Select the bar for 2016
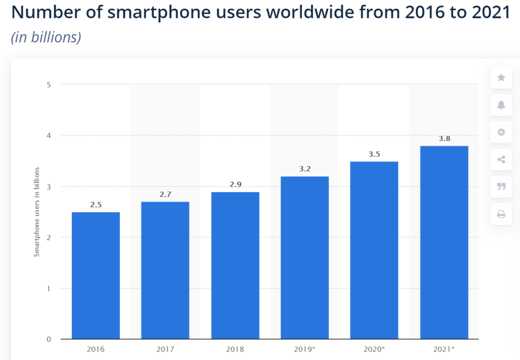[x=96, y=275]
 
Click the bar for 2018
[x=235, y=265]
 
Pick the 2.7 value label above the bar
[x=165, y=195]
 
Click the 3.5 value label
[x=375, y=154]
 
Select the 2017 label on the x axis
[x=165, y=349]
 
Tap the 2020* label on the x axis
[x=375, y=349]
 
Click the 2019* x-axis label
[x=305, y=349]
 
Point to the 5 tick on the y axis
[x=48, y=84]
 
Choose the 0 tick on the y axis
[x=48, y=339]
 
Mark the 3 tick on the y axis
[x=48, y=187]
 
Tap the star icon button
[x=501, y=78]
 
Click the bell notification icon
[x=501, y=105]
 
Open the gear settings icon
[x=501, y=133]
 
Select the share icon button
[x=501, y=160]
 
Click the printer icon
[x=501, y=214]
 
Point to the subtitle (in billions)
[x=46, y=38]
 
